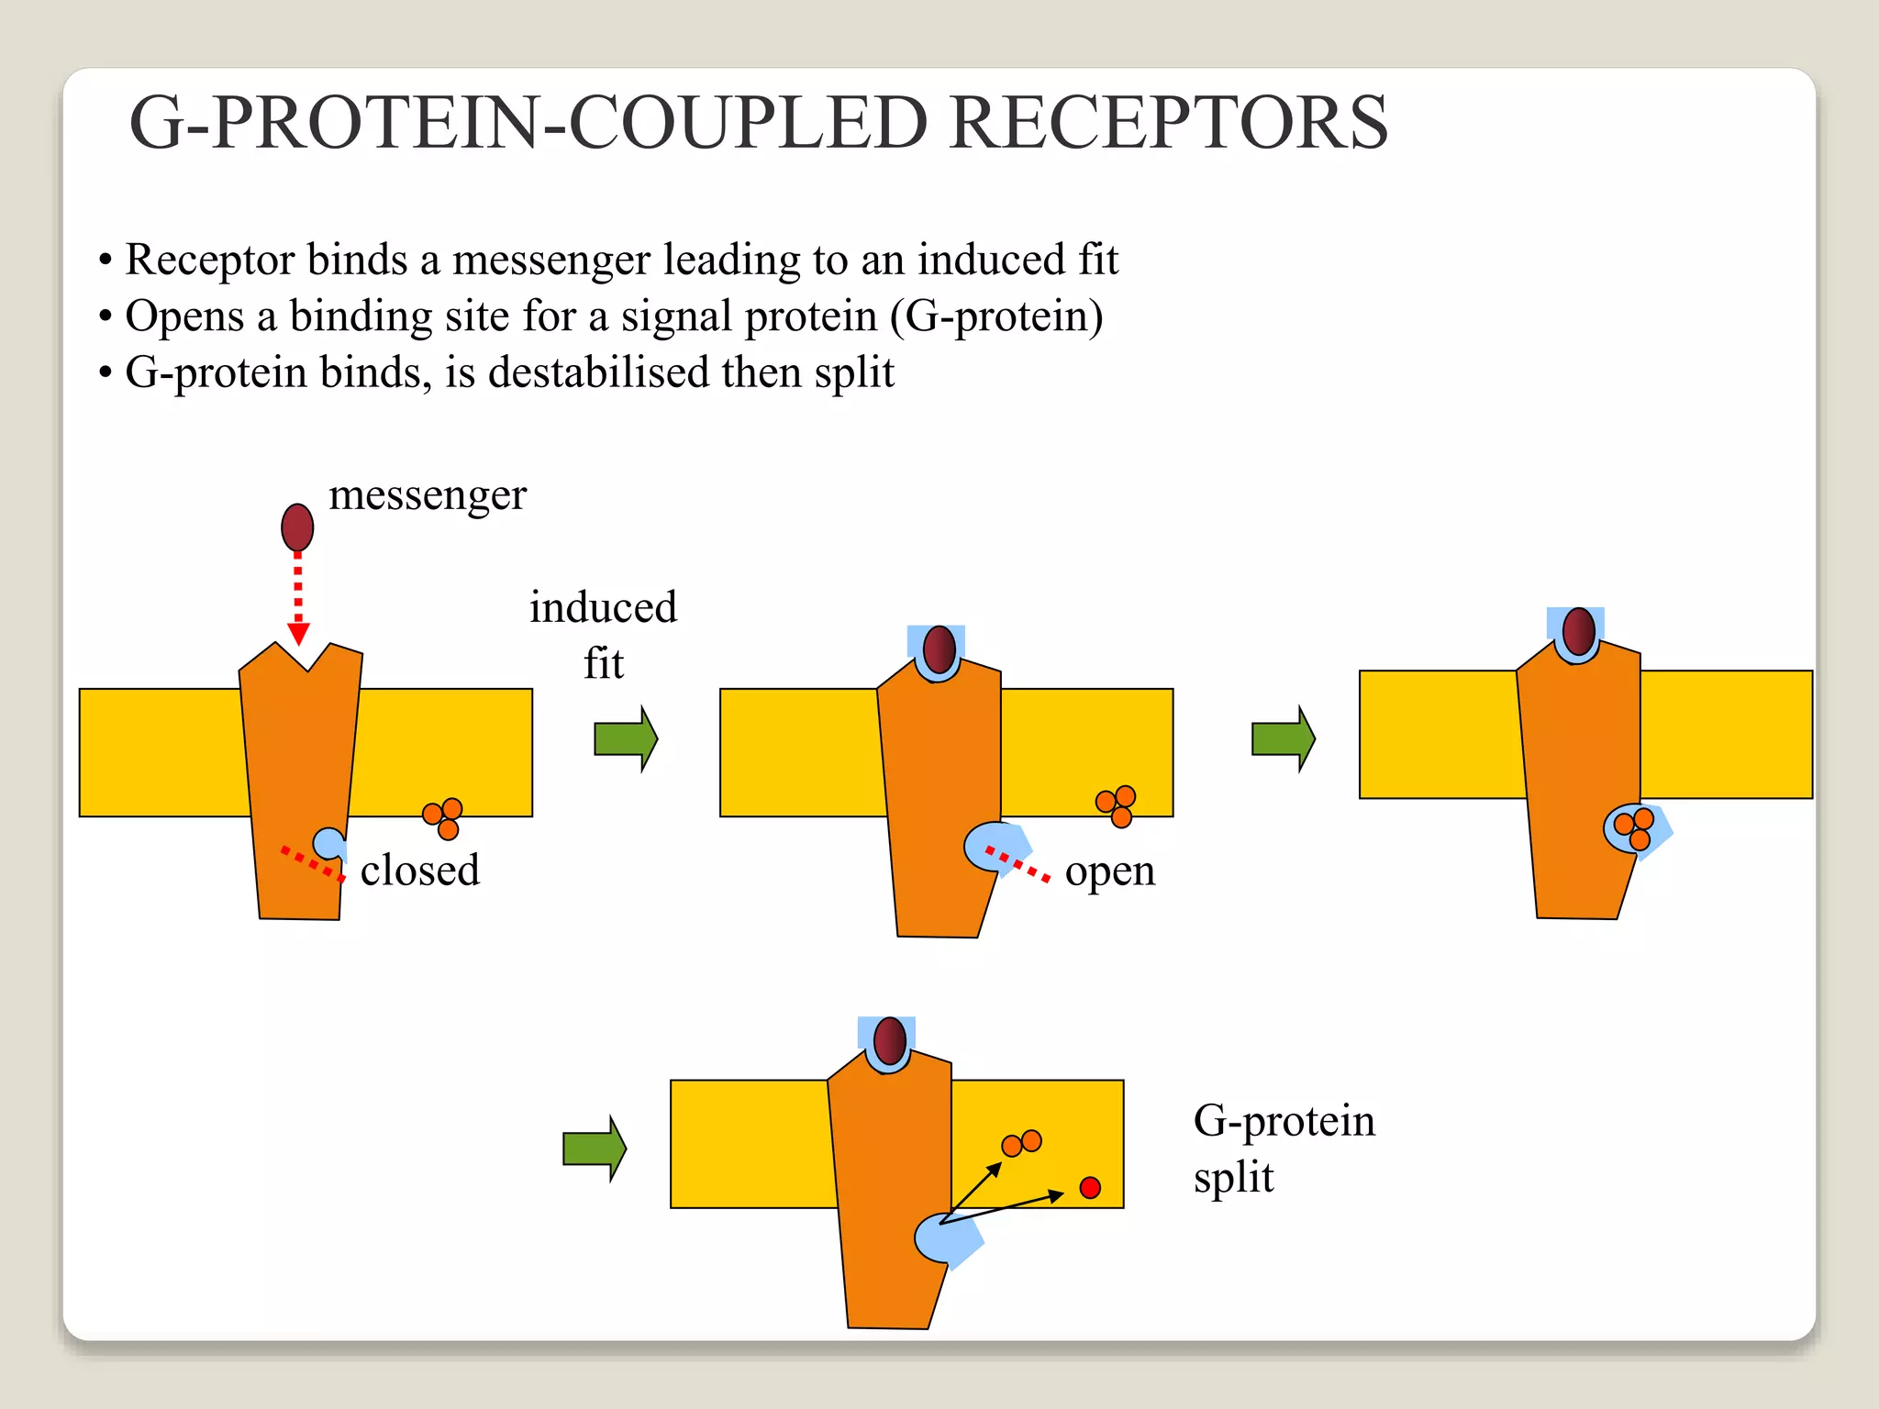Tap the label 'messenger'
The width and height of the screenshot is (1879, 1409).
pos(428,496)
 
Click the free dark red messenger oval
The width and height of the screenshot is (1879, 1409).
pos(297,527)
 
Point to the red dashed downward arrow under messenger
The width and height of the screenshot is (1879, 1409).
pos(298,596)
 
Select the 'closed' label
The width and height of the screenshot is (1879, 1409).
pos(419,871)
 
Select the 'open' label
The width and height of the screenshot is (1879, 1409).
pos(1109,871)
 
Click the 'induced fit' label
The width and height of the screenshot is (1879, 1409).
pos(603,635)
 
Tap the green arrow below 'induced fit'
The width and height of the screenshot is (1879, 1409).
pos(626,738)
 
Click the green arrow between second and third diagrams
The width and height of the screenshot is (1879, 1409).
pos(1283,738)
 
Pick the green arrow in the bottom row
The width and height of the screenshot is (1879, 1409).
pos(594,1148)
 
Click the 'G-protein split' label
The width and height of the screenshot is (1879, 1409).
pos(1283,1148)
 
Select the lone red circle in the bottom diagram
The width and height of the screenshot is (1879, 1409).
pos(1090,1188)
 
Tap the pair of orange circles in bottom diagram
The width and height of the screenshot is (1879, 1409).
pos(1021,1143)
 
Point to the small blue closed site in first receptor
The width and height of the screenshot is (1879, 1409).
pos(328,843)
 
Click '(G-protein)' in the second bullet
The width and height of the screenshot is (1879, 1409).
pos(996,316)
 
